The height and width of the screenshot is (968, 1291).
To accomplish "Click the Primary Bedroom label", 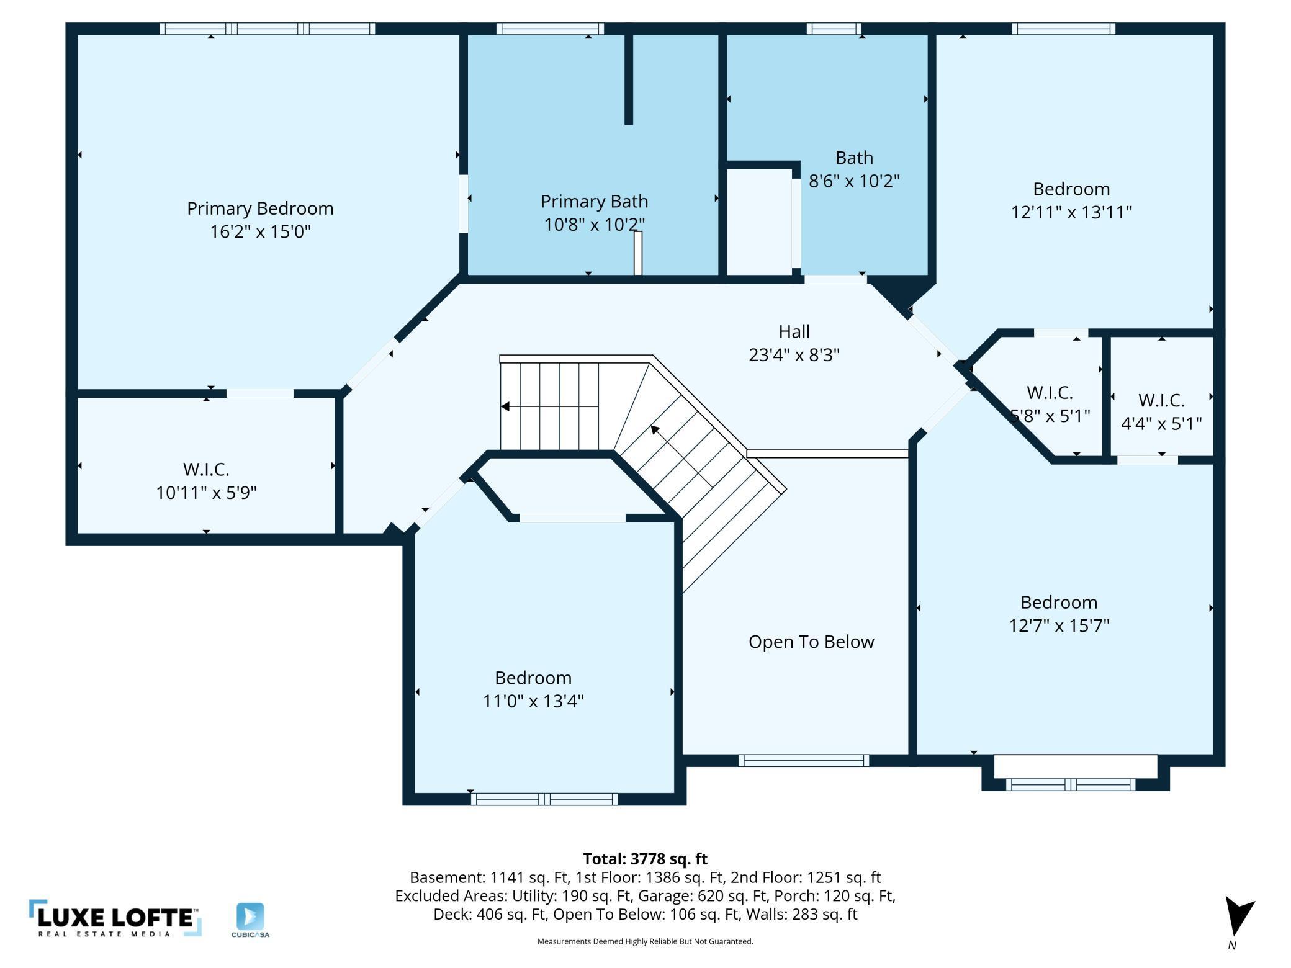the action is click(x=260, y=208).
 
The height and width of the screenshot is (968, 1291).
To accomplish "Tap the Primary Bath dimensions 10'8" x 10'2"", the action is click(x=595, y=225).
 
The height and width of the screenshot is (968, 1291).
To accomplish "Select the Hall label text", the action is click(x=794, y=331).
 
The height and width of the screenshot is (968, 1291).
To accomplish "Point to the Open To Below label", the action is click(x=811, y=642).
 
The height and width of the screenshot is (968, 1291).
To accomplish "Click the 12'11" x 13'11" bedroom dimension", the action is click(x=1072, y=212).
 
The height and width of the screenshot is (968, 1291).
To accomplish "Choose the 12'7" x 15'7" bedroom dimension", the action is click(x=1059, y=625).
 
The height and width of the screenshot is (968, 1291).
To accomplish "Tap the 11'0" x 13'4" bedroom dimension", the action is click(x=533, y=701).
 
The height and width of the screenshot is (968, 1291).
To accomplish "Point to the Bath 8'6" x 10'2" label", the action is click(x=854, y=169).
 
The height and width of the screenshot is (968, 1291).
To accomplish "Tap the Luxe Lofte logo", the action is click(x=115, y=918).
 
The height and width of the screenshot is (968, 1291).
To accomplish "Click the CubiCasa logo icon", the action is click(x=250, y=916).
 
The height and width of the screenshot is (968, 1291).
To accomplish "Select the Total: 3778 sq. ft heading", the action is click(x=645, y=859).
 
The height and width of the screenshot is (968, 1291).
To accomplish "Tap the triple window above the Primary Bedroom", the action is click(x=268, y=29).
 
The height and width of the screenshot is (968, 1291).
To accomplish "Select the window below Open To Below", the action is click(x=804, y=761).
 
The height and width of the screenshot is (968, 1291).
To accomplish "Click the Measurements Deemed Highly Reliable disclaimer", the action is click(x=645, y=941).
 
